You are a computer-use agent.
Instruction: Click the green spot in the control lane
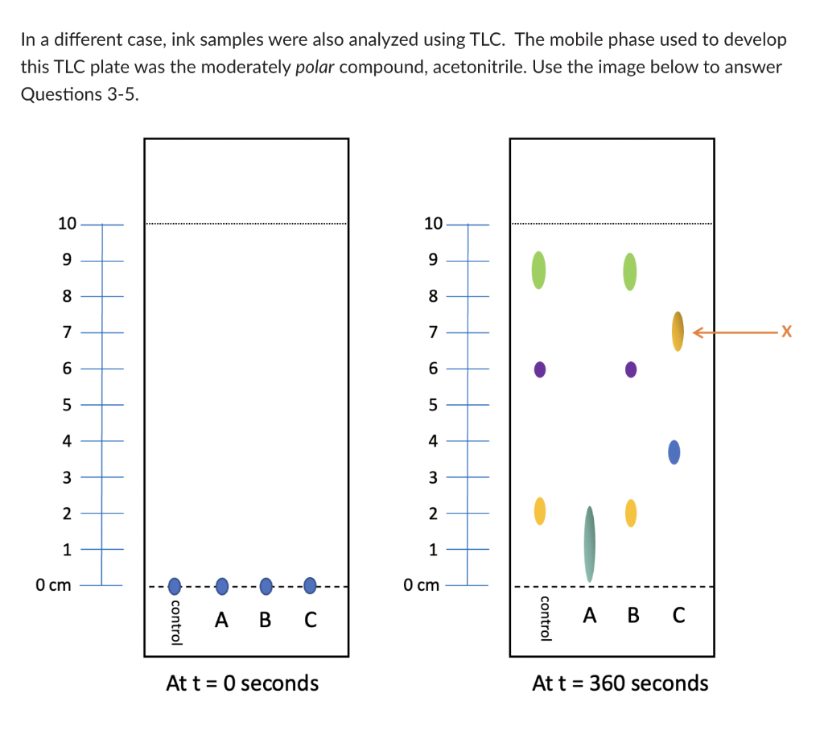pos(538,270)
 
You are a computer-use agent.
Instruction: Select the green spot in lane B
pos(630,271)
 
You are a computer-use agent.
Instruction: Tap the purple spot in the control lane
pos(539,369)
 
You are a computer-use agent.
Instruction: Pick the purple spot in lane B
pos(631,369)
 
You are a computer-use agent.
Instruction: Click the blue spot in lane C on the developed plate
pos(674,452)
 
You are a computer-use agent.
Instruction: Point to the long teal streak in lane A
pos(590,543)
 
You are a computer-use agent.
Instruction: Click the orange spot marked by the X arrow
pos(678,331)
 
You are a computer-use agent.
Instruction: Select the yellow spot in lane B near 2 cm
pos(631,512)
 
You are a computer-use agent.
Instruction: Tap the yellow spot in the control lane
pos(540,510)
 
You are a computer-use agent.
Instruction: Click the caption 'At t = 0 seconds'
pos(241,683)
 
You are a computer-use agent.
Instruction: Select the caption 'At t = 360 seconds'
pos(620,683)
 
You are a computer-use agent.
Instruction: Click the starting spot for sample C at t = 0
pos(310,585)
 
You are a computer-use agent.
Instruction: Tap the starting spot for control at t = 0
pos(174,585)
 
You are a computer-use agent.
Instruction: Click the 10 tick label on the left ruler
pos(66,224)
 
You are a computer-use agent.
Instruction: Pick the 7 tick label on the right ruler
pos(432,332)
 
